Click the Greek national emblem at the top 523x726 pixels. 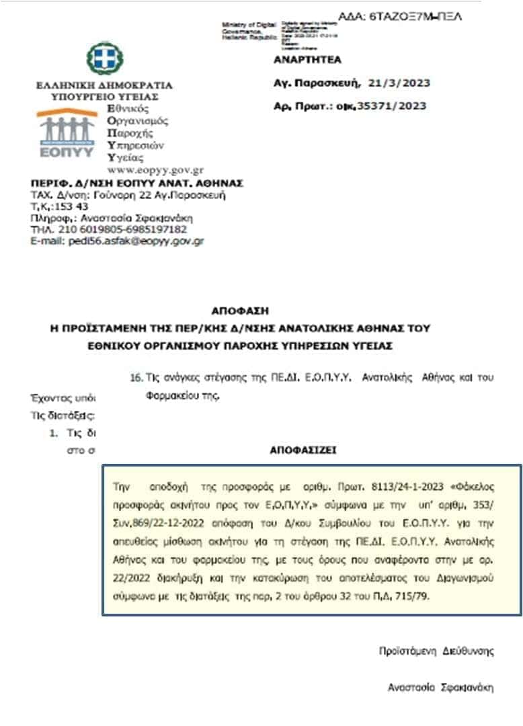click(104, 59)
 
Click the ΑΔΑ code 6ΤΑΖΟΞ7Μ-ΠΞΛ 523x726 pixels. click(411, 17)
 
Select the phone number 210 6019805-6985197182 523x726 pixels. click(125, 229)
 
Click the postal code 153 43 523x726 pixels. click(66, 206)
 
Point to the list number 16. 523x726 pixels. click(134, 378)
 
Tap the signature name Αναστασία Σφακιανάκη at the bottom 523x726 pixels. click(440, 687)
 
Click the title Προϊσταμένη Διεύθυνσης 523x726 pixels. click(436, 651)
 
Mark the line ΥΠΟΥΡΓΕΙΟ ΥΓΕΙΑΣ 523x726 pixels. click(104, 97)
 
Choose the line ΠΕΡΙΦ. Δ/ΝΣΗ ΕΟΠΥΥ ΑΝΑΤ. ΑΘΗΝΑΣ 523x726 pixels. click(136, 183)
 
